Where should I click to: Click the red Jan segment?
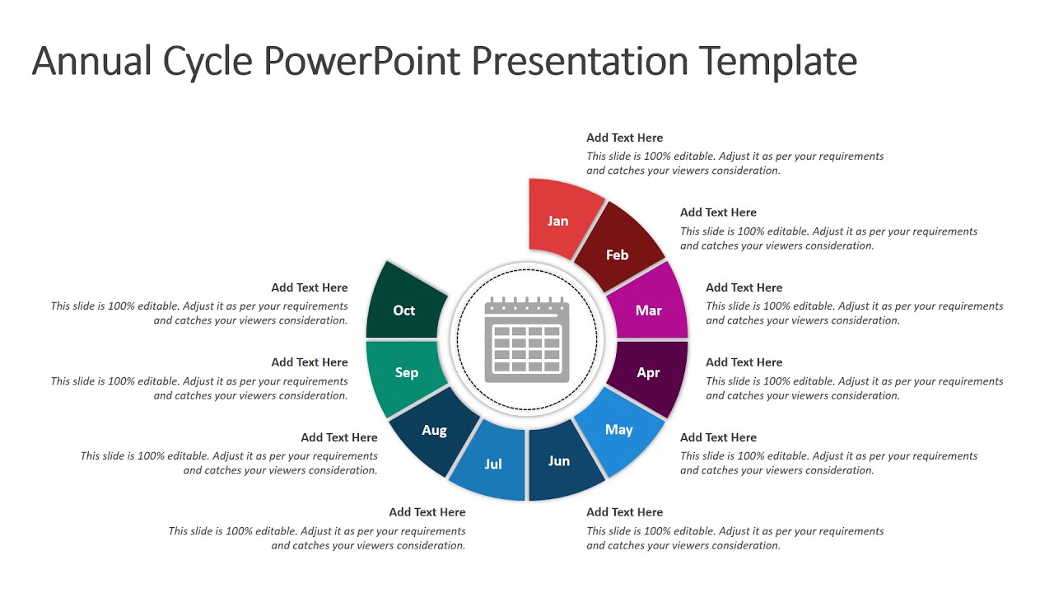tap(560, 217)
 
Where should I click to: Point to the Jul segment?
tap(492, 463)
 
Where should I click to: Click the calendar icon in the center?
tap(527, 339)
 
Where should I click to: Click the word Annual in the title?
tap(92, 62)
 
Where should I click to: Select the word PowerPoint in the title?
tap(360, 62)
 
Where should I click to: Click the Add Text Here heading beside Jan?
tap(624, 138)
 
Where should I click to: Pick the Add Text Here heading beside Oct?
tap(310, 287)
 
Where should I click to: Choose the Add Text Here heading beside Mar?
tap(744, 287)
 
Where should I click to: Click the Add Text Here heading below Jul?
tap(427, 512)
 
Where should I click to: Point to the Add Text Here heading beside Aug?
tap(339, 437)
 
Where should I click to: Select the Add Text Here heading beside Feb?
tap(718, 212)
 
